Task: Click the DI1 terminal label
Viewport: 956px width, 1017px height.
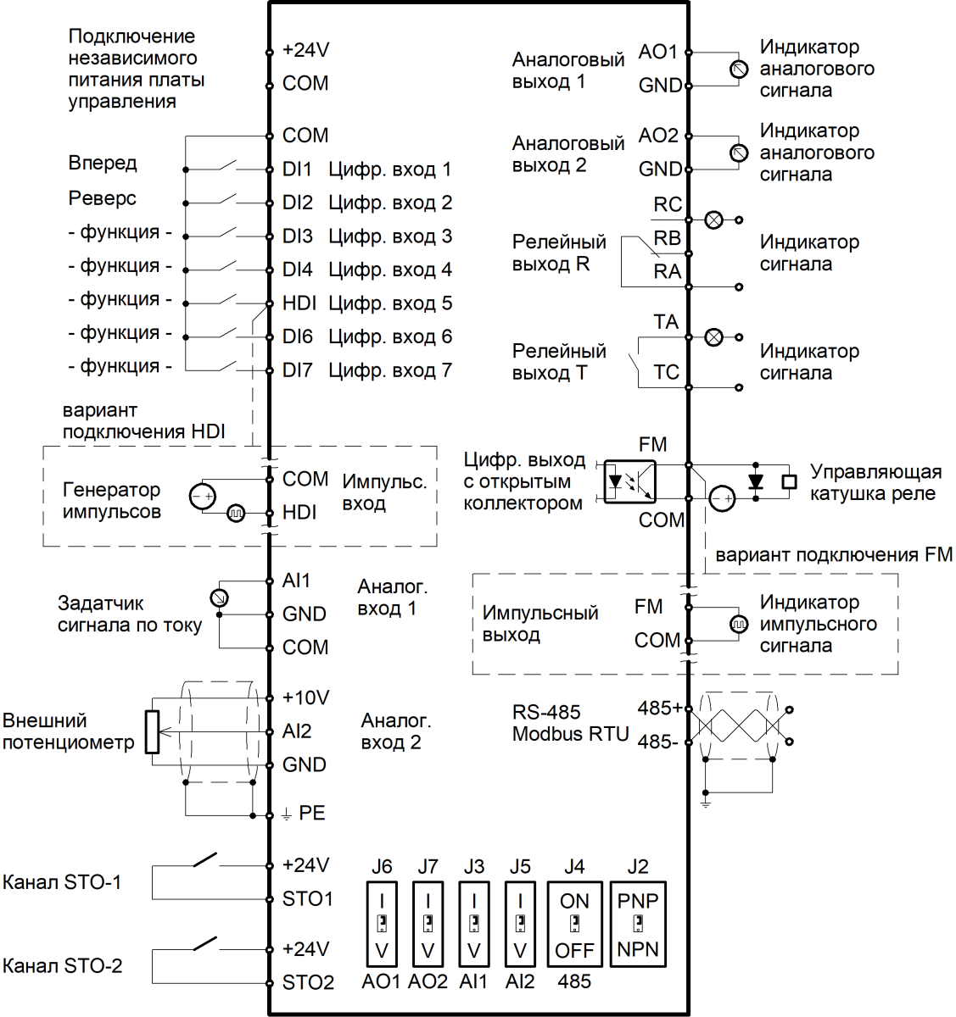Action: click(297, 169)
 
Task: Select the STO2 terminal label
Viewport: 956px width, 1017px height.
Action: click(308, 982)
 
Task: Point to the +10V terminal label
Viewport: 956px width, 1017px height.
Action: click(305, 697)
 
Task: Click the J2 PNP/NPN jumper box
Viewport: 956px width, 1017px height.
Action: click(638, 925)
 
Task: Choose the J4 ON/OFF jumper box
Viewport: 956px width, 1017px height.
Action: click(574, 925)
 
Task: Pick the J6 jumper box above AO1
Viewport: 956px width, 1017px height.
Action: click(382, 925)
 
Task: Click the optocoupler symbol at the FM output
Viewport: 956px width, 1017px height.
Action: click(629, 482)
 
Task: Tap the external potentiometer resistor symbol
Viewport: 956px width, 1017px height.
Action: click(153, 731)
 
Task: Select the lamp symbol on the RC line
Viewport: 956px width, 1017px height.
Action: click(714, 220)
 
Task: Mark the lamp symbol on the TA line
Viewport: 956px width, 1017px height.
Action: click(714, 337)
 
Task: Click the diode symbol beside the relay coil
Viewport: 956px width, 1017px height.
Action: click(756, 481)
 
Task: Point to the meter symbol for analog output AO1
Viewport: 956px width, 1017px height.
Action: click(739, 69)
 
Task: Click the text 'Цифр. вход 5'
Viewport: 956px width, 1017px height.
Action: click(390, 303)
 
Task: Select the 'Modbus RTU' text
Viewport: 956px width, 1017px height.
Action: click(570, 734)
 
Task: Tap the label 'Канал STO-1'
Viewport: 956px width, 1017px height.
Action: click(62, 881)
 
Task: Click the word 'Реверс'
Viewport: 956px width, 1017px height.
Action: click(102, 198)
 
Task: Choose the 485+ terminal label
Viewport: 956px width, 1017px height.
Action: click(659, 708)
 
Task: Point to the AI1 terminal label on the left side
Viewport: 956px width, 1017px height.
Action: click(296, 581)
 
